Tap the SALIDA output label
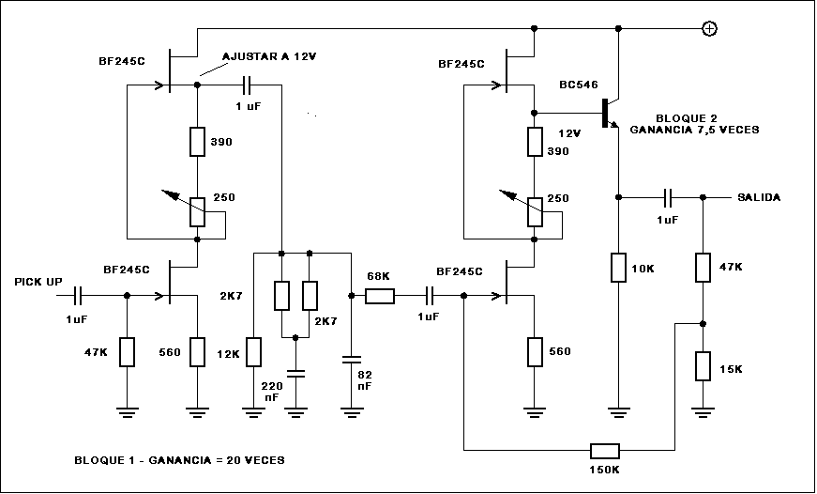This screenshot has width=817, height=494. click(x=759, y=197)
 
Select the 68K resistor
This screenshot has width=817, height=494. click(x=380, y=296)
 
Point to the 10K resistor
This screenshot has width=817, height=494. click(x=618, y=268)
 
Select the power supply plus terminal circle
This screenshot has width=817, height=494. click(x=710, y=29)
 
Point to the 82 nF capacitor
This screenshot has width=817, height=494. click(x=351, y=359)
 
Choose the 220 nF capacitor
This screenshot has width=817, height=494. click(x=296, y=373)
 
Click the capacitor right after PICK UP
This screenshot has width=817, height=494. click(x=79, y=296)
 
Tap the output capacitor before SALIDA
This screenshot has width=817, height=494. click(x=668, y=197)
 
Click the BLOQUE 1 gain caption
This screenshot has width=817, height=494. click(x=178, y=460)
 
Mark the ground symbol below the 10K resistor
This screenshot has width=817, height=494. click(x=618, y=409)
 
